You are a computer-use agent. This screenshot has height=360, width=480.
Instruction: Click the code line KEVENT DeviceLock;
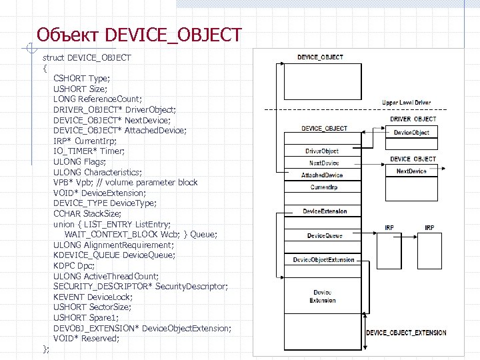93,297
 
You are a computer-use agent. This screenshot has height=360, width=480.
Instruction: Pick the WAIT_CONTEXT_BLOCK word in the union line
110,235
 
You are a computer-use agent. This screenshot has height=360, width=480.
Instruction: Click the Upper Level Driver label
406,103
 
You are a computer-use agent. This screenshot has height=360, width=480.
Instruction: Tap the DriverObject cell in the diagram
322,151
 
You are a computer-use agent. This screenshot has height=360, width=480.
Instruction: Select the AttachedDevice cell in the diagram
322,175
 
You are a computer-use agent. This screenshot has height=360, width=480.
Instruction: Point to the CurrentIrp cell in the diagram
324,187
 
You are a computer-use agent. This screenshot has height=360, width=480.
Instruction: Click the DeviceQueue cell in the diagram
325,236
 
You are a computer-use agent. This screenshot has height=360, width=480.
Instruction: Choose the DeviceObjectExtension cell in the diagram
324,259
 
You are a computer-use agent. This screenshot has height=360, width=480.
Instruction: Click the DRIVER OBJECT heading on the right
413,119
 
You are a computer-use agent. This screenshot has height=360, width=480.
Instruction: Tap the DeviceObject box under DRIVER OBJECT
411,133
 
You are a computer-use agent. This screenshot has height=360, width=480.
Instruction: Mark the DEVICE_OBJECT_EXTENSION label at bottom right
406,332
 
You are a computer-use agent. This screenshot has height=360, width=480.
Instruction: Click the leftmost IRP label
389,228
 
